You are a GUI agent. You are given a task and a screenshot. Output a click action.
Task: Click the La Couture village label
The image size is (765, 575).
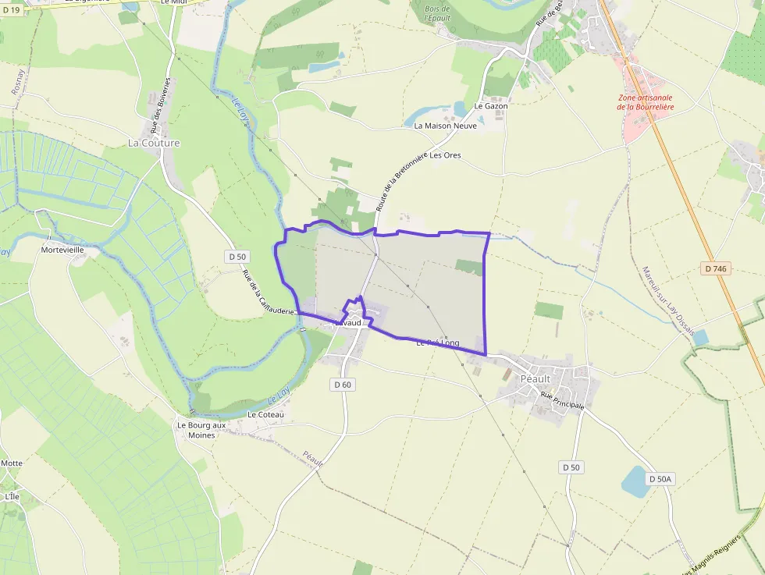154,144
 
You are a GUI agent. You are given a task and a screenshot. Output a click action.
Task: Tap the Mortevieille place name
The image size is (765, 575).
62,250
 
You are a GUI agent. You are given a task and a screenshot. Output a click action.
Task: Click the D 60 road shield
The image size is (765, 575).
343,384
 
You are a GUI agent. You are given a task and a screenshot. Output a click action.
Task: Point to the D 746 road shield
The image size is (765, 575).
715,268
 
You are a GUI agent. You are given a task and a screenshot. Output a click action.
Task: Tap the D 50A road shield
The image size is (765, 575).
659,478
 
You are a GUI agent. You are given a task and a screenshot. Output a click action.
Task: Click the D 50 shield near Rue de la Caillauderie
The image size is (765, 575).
237,256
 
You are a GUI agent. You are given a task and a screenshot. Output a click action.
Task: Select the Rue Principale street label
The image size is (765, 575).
562,401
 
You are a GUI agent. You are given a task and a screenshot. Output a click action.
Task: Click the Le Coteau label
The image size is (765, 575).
266,414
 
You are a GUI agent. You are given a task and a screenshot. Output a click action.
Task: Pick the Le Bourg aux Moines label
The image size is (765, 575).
201,430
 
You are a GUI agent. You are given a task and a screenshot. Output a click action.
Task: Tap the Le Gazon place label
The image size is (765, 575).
491,106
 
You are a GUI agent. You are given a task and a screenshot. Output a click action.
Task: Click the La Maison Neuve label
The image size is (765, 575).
445,126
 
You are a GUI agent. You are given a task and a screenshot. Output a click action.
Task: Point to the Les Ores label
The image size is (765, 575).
446,155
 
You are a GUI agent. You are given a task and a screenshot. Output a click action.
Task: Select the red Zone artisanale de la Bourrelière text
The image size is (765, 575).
645,102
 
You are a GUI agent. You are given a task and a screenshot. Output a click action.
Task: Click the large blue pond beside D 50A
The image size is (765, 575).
635,481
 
